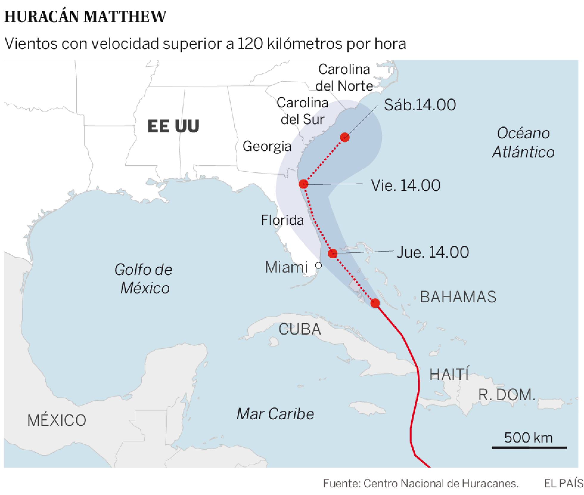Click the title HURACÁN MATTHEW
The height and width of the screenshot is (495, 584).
(x=85, y=17)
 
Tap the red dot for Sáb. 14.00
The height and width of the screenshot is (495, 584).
(x=345, y=137)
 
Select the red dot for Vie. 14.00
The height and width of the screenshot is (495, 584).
(x=303, y=184)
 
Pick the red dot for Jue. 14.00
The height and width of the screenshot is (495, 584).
(x=333, y=253)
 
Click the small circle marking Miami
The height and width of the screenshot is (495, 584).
(x=319, y=265)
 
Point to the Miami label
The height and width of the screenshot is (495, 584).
(x=286, y=267)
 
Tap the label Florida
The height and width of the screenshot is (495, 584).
(x=282, y=220)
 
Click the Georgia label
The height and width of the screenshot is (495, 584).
(x=267, y=146)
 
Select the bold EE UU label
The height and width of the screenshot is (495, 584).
(x=173, y=126)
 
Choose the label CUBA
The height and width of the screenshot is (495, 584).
(x=300, y=330)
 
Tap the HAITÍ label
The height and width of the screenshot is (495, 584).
(x=449, y=374)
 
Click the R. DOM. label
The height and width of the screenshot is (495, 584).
(x=507, y=395)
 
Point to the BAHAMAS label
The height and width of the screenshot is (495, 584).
(x=458, y=297)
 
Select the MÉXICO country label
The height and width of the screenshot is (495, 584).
(x=57, y=420)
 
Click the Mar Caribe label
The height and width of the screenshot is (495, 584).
(x=275, y=414)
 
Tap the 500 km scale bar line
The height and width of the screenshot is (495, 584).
(x=529, y=448)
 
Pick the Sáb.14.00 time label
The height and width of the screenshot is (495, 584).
(x=420, y=105)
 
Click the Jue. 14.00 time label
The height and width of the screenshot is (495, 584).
(x=433, y=252)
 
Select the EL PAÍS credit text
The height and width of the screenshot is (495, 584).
(x=563, y=483)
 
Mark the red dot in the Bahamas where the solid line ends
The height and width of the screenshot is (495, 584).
(x=375, y=303)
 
